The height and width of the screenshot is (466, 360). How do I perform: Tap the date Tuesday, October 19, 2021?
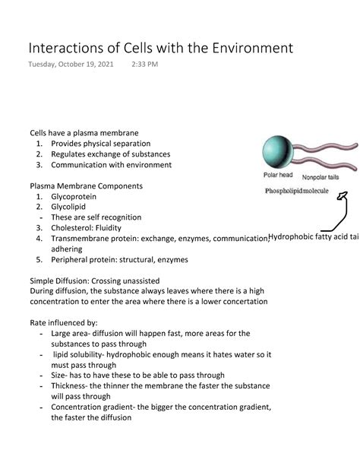[71, 65]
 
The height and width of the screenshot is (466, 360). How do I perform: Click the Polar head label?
[279, 176]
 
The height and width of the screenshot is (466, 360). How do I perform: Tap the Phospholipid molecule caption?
[296, 191]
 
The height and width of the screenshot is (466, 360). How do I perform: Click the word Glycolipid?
[71, 207]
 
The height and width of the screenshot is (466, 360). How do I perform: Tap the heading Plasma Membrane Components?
[86, 185]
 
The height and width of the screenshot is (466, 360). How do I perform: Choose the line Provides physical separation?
[101, 143]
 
